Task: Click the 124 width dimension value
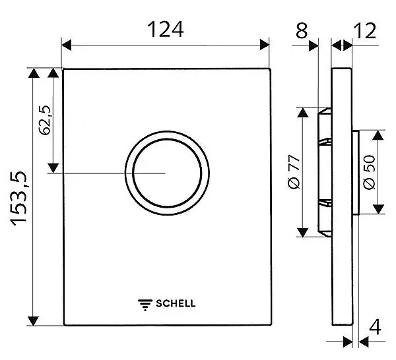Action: [164, 29]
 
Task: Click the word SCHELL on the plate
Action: [176, 304]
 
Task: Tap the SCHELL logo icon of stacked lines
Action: [145, 304]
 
